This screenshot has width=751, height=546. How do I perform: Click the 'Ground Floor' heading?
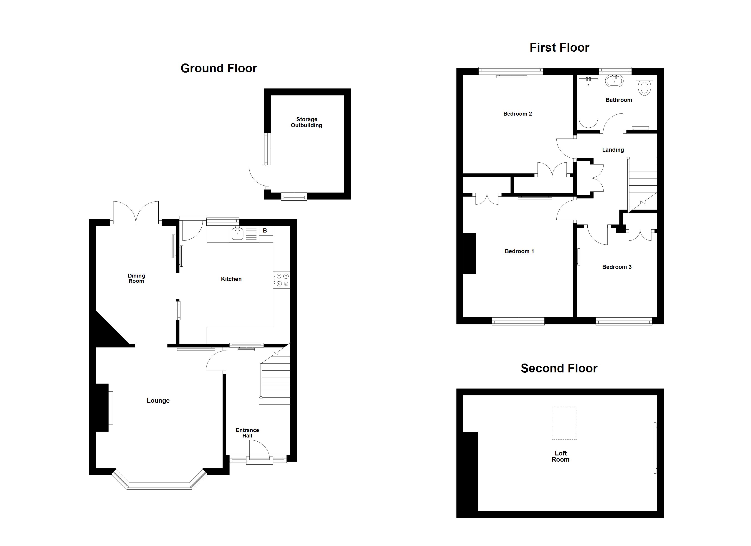click(x=218, y=68)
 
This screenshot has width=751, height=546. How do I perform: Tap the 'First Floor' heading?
click(x=559, y=48)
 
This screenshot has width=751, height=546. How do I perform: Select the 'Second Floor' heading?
click(x=559, y=368)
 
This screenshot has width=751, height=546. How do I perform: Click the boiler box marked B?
click(x=265, y=231)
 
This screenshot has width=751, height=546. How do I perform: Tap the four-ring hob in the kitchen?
click(x=282, y=280)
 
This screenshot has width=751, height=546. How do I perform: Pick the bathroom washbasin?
click(x=614, y=81)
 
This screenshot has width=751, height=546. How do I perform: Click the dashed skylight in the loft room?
click(x=564, y=423)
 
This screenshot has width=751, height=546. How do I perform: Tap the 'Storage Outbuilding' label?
click(x=307, y=122)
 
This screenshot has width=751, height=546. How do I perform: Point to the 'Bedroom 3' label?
click(x=617, y=267)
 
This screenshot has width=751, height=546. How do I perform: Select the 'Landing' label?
click(x=613, y=150)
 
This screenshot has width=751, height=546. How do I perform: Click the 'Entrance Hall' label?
click(x=247, y=433)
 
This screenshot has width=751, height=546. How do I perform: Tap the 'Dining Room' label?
click(x=136, y=278)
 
